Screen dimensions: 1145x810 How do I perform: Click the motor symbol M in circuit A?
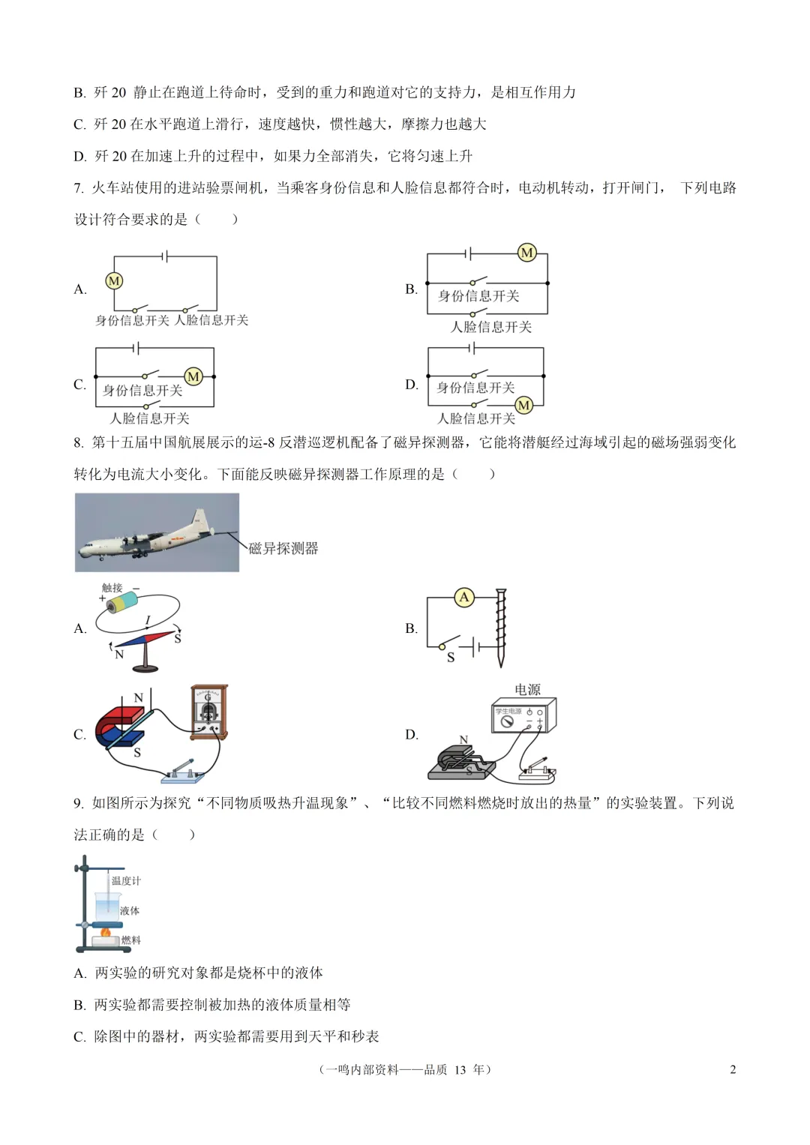[x=114, y=281]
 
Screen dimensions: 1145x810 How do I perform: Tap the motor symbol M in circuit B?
[x=527, y=253]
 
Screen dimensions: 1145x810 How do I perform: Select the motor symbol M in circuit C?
[x=193, y=376]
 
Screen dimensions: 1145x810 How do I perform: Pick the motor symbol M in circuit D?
[x=523, y=406]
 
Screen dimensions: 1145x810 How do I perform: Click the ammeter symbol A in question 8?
[x=464, y=597]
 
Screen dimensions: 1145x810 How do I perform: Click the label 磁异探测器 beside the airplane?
[x=283, y=548]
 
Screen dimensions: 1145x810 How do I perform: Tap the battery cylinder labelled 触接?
[x=121, y=601]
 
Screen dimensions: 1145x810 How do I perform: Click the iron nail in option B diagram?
[x=500, y=627]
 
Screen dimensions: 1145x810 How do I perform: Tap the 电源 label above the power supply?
[x=527, y=689]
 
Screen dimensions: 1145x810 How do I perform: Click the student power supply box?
[x=523, y=715]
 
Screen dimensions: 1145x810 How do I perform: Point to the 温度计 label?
[x=126, y=880]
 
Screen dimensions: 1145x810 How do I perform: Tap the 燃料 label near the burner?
[x=130, y=940]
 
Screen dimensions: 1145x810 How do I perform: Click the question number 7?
[x=78, y=188]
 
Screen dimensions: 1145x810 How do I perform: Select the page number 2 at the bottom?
[x=733, y=1069]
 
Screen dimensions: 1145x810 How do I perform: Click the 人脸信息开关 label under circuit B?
[x=491, y=327]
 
